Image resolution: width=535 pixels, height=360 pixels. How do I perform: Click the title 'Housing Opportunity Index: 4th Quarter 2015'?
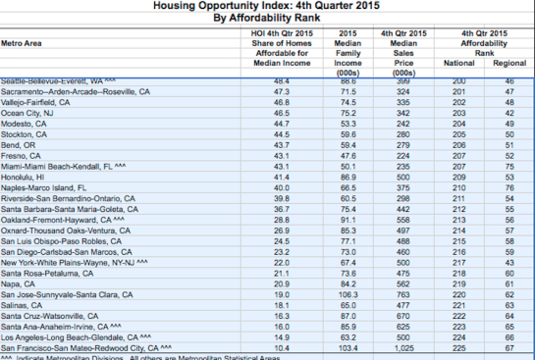coord(267,6)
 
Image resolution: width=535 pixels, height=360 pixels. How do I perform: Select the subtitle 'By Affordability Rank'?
coord(267,19)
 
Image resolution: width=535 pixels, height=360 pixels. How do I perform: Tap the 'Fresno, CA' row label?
coord(22,154)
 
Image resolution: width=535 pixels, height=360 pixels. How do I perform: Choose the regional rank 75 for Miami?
coord(508,165)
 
